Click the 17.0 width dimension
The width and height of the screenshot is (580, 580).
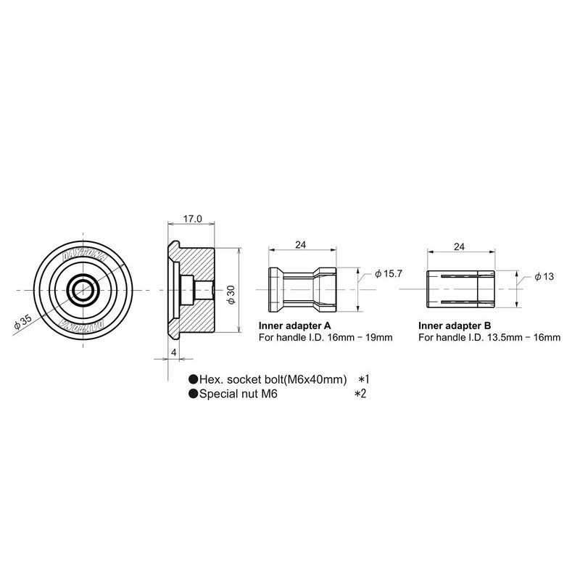click(192, 217)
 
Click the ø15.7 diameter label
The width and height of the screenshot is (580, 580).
click(389, 274)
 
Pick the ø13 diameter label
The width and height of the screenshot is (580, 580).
click(544, 276)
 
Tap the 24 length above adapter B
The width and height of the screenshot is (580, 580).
click(459, 246)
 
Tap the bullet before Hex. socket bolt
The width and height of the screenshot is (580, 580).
click(194, 380)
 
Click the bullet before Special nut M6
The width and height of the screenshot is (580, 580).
click(194, 394)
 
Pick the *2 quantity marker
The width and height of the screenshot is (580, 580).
click(360, 394)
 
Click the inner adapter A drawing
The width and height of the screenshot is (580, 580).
click(302, 289)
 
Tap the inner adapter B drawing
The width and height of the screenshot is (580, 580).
click(460, 289)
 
